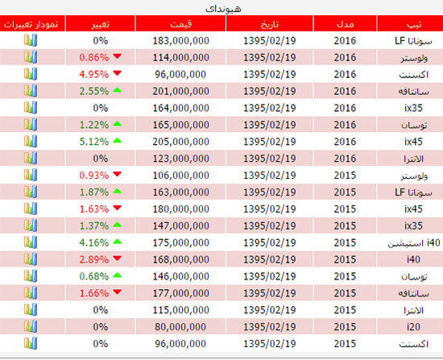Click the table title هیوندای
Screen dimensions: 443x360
(223, 9)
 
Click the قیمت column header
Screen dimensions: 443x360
(180, 24)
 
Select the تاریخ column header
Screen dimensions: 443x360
(270, 24)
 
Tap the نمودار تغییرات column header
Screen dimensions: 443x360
(31, 24)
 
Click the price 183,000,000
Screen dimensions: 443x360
(180, 41)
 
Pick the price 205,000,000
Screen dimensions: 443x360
(180, 142)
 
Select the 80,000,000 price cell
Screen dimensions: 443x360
(180, 327)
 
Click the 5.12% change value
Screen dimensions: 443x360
(93, 142)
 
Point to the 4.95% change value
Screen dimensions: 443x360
(93, 74)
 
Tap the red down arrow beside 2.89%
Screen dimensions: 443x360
(117, 259)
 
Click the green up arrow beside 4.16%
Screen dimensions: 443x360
(117, 242)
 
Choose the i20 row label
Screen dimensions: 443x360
(413, 327)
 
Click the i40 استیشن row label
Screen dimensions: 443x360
(414, 242)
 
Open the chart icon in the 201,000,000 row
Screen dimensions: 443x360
(31, 91)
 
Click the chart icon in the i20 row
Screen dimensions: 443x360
(31, 326)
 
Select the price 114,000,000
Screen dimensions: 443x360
(180, 58)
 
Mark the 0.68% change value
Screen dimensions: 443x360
(93, 276)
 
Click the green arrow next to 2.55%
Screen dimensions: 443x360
(117, 90)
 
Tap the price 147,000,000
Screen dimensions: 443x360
(180, 226)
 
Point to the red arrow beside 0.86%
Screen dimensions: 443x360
(117, 56)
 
